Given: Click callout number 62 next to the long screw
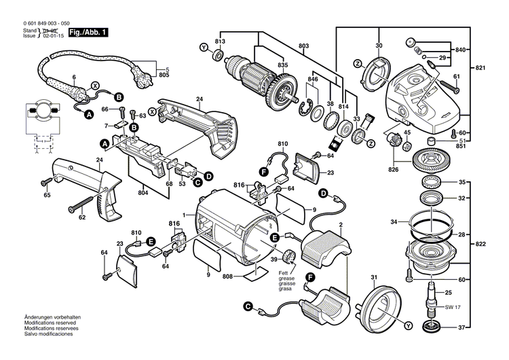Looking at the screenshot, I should pyautogui.click(x=81, y=218).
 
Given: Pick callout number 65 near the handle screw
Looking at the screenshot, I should pyautogui.click(x=47, y=196).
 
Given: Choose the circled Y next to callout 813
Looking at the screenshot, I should pyautogui.click(x=202, y=48).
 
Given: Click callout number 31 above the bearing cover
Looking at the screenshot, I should pyautogui.click(x=373, y=278).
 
